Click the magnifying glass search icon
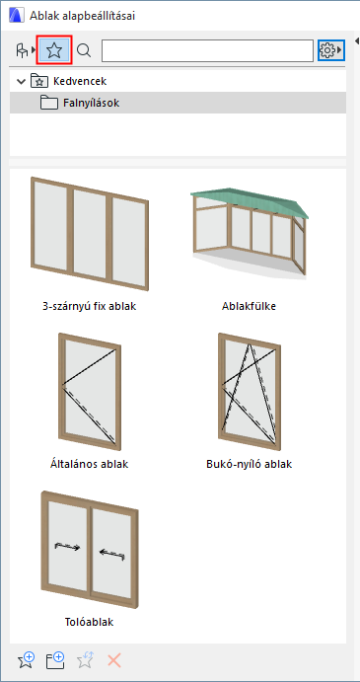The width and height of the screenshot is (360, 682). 84,51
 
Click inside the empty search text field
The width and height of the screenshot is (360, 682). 207,51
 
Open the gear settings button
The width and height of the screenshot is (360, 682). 330,50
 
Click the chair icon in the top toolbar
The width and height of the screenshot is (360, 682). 22,51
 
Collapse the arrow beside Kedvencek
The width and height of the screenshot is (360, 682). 21,81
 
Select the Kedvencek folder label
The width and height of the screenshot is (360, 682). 80,81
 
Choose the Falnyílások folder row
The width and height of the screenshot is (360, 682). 178,103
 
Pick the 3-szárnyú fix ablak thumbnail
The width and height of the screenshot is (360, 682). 90,234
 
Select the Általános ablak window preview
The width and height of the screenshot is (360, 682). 90,392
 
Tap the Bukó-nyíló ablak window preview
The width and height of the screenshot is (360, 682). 250,392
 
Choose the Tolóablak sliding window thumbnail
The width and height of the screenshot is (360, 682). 90,550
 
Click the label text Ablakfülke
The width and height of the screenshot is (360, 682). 249,306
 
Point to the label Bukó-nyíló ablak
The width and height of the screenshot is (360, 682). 250,464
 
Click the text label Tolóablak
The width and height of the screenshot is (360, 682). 89,622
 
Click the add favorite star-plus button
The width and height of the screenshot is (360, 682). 26,660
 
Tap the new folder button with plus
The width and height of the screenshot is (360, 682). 55,660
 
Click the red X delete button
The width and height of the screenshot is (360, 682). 113,661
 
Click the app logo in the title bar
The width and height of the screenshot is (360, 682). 16,16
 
